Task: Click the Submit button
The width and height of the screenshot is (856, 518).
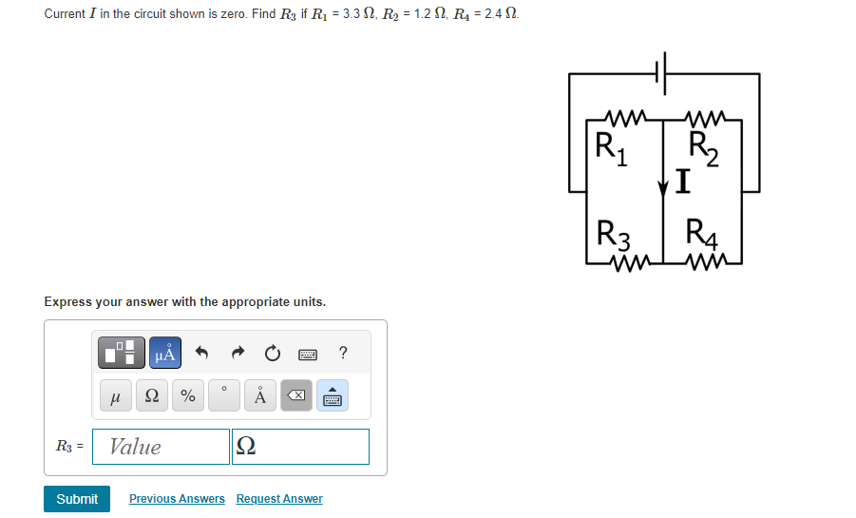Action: [77, 499]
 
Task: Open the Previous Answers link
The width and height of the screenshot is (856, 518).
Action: [177, 499]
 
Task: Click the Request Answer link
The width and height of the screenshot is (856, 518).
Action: [279, 499]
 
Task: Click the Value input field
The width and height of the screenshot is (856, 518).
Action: [161, 447]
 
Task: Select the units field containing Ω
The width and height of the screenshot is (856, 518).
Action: [300, 447]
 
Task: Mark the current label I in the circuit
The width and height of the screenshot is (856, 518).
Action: [680, 179]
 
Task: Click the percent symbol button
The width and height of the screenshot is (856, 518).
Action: [188, 396]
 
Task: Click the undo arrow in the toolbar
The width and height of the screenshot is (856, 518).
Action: [201, 355]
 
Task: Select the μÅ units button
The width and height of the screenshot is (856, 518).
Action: [164, 355]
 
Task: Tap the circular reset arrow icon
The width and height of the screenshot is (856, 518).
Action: [273, 355]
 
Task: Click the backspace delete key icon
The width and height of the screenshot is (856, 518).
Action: [295, 396]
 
